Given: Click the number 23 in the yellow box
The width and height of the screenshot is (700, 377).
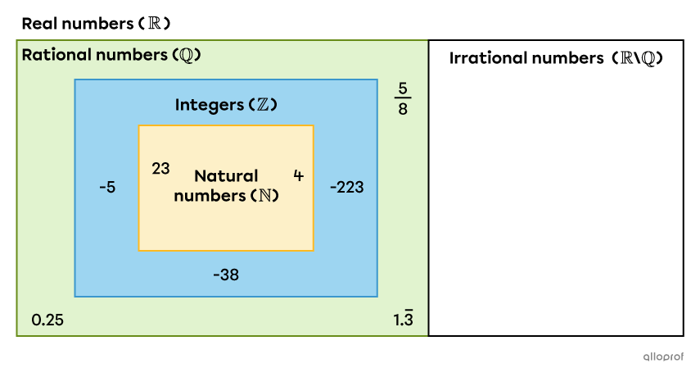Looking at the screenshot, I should coord(161,168).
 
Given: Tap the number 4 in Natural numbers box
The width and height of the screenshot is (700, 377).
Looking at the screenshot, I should coord(298,175).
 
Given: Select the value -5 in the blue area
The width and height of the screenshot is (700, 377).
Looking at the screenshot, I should coord(106,187).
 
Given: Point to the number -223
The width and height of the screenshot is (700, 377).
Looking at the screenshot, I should coord(346,187).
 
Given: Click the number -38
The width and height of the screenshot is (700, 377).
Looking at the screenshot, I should coord(225,275).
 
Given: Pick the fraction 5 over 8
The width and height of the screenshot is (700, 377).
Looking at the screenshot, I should coord(403,98).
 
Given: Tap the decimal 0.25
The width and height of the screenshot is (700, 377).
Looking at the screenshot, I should coord(47,320).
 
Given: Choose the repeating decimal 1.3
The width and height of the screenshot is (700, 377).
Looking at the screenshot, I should coord(403,319).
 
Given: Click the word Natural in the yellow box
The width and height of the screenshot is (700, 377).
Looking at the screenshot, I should coord(226,175).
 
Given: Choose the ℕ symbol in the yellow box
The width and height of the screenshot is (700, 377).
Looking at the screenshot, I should coord(264,196).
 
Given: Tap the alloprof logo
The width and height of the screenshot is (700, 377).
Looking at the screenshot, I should coord(660,357).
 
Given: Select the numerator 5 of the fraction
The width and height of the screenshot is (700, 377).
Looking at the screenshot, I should coord(403,88).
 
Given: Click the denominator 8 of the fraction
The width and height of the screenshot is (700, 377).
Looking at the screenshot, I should coord(403,109).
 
